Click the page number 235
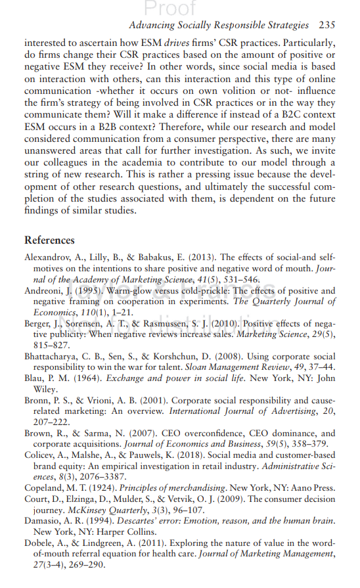point(326,25)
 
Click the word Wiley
point(45,392)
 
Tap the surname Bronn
point(37,401)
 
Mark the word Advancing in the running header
point(152,25)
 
